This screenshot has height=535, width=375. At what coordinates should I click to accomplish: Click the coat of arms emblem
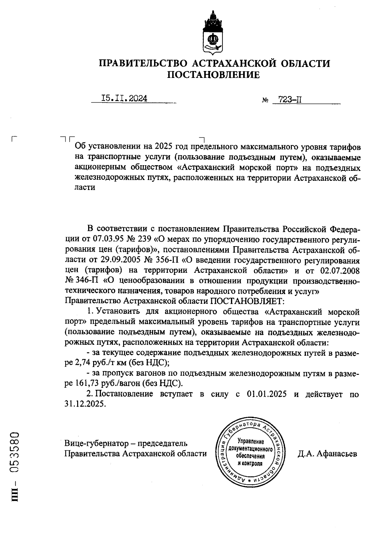click(213, 33)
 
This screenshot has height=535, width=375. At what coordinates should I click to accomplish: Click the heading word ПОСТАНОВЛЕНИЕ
click(214, 75)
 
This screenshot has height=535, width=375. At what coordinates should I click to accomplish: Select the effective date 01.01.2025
click(267, 394)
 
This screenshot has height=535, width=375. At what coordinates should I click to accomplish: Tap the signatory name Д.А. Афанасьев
click(327, 453)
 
